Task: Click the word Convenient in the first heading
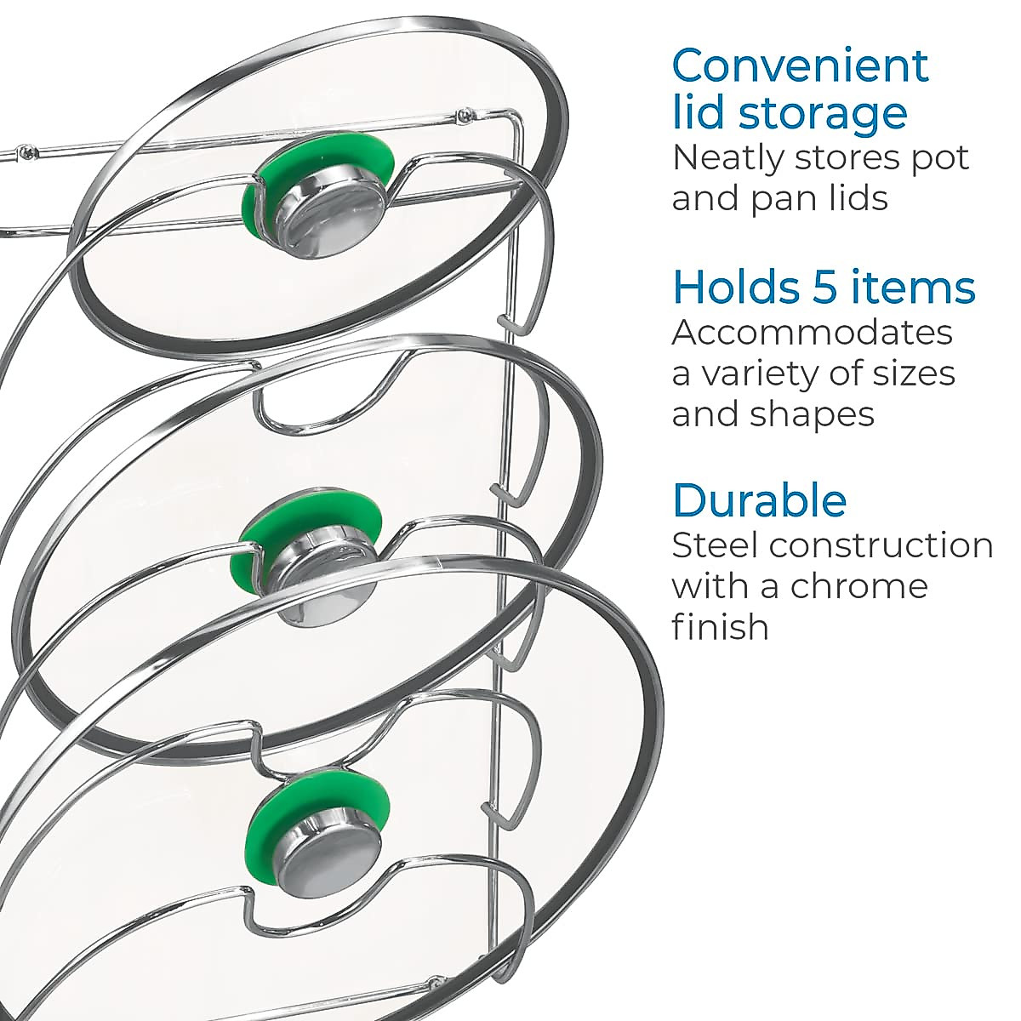point(800,66)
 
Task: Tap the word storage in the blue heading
point(822,112)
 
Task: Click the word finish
point(721,627)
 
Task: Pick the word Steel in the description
point(714,545)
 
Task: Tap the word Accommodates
point(812,332)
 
